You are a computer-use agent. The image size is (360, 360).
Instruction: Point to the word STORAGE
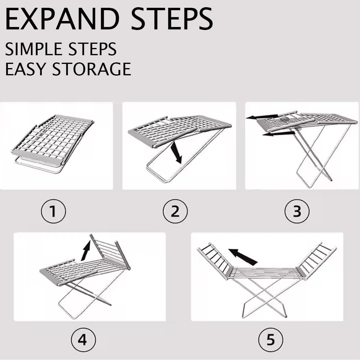click(x=92, y=69)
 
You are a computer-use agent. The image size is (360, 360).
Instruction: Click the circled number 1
click(x=53, y=212)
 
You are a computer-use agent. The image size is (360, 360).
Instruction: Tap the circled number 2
click(x=175, y=212)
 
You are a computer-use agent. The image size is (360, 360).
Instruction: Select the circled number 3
click(x=297, y=212)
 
